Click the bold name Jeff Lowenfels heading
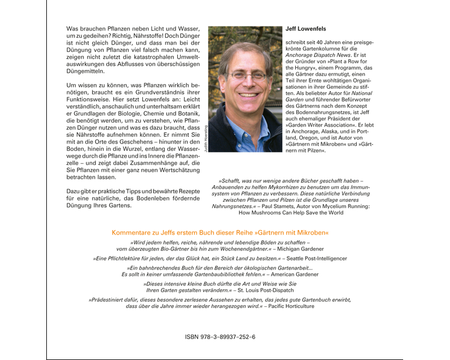(306, 29)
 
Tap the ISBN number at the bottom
(220, 337)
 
